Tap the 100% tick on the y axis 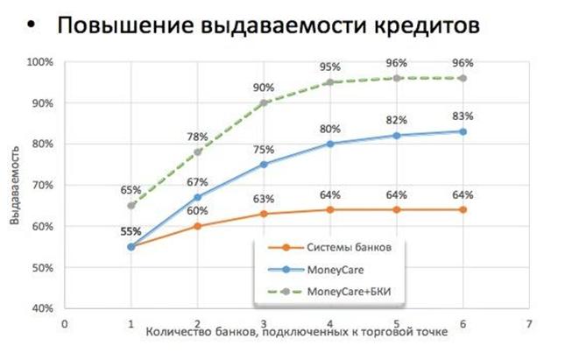[39, 62]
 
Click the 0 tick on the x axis [64, 322]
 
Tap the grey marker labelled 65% [131, 205]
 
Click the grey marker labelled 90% [264, 102]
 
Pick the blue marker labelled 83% [463, 131]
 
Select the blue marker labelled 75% [264, 164]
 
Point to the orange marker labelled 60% [197, 226]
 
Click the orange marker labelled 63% [264, 214]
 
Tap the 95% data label [330, 67]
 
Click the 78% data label [197, 137]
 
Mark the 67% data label [197, 181]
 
